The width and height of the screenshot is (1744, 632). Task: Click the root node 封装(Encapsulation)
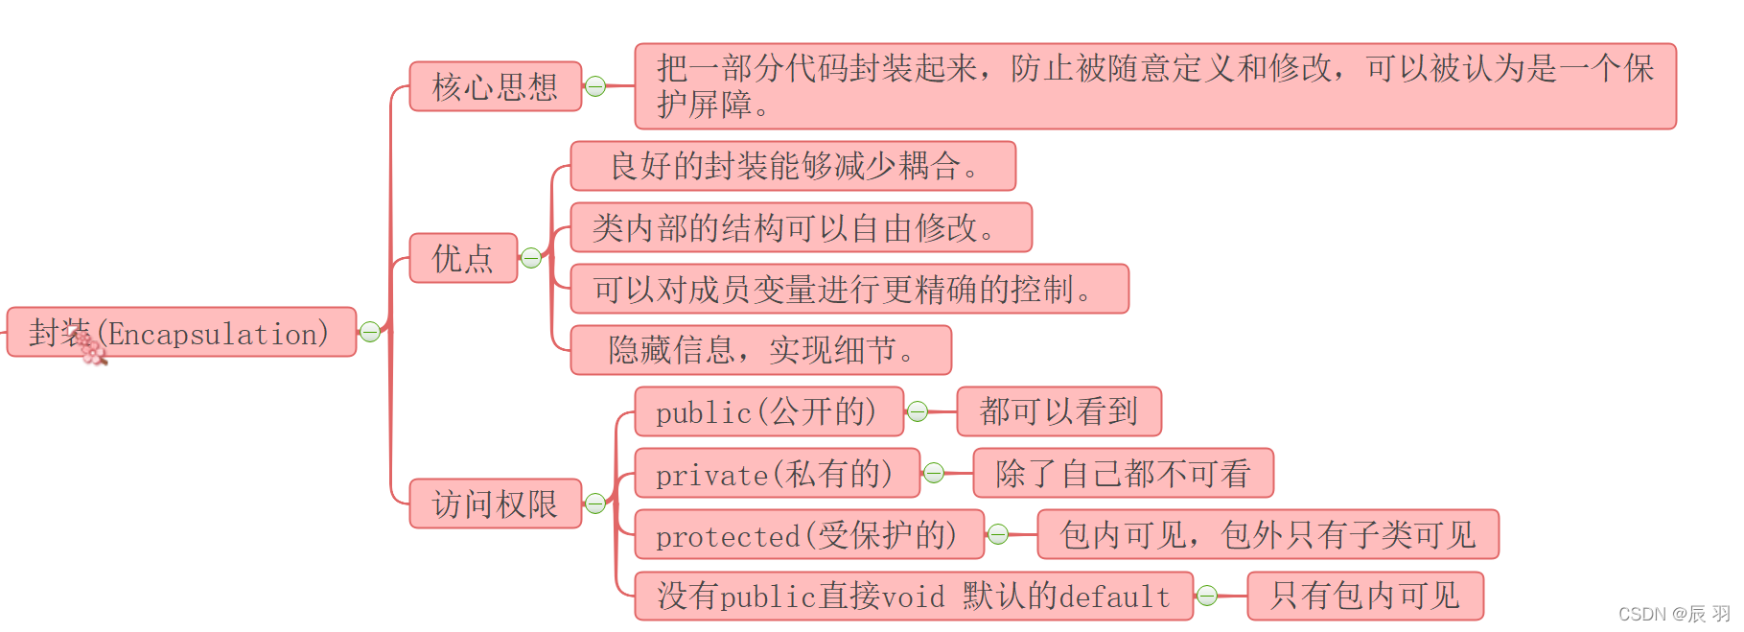(181, 332)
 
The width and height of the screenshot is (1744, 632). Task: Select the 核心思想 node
(496, 86)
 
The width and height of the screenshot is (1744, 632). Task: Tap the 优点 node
(463, 258)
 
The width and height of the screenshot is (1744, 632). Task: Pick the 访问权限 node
(496, 503)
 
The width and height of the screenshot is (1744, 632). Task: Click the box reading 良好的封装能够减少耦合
(793, 166)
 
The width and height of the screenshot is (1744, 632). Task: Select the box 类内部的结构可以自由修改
(802, 227)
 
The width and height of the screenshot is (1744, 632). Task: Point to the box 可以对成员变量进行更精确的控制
(849, 289)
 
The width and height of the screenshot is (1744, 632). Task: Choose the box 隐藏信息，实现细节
(761, 350)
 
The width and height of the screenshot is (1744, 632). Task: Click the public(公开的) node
(769, 411)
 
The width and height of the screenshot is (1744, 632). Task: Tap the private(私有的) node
(778, 473)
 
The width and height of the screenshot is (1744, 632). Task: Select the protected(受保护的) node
(809, 534)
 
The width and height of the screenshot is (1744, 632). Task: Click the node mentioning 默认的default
(914, 596)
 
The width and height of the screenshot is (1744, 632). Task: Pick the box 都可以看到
(1059, 411)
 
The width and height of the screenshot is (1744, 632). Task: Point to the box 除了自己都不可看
(1124, 473)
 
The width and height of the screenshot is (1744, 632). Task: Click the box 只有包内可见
(1365, 596)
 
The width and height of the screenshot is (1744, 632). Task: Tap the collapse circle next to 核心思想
(595, 86)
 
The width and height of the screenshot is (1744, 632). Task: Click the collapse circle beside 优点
(531, 258)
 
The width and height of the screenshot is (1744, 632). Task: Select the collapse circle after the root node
(370, 332)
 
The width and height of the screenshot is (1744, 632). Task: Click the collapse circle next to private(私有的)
(934, 473)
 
